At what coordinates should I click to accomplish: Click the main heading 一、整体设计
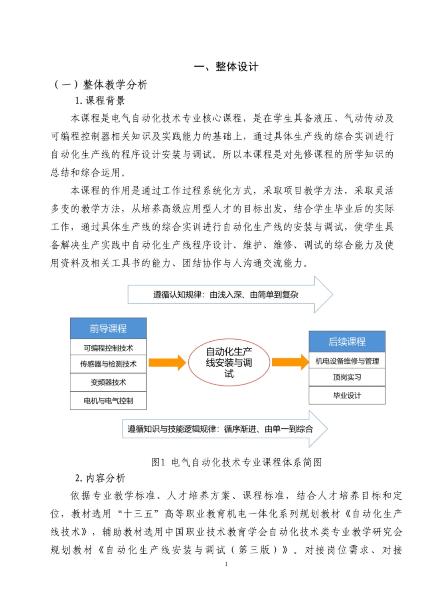pos(226,66)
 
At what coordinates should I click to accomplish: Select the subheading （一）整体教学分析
pos(101,85)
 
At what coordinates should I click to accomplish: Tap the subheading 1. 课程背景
pos(100,101)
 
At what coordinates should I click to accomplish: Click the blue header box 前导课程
pos(108,329)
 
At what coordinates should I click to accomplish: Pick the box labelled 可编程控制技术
pos(108,348)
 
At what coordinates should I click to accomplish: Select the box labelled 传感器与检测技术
pos(108,364)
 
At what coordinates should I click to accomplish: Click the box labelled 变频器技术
pos(108,382)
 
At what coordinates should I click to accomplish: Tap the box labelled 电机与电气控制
pos(108,401)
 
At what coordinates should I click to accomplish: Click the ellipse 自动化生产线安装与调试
pos(229,362)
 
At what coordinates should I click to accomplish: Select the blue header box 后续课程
pos(347,342)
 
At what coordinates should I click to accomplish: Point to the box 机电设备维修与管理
pos(347,361)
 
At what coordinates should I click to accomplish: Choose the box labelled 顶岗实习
pos(347,377)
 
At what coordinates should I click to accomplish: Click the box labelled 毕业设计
pos(347,396)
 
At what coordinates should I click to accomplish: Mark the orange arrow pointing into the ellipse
pos(167,362)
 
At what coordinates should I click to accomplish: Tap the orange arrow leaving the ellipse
pos(290,362)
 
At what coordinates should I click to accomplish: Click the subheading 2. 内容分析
pos(100,478)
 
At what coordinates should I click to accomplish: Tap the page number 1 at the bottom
pos(226,564)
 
